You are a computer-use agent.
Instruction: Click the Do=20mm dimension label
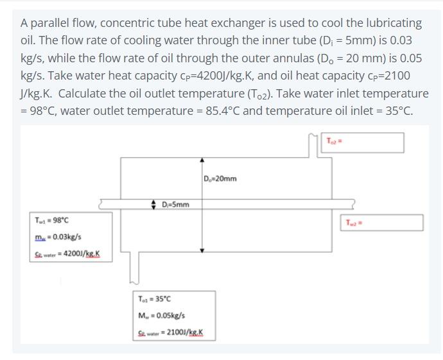point(220,178)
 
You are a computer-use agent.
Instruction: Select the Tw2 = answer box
point(384,222)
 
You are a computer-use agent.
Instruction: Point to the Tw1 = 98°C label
point(51,220)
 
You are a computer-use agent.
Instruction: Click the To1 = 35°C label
point(154,299)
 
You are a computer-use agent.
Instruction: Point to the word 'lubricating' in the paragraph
point(392,23)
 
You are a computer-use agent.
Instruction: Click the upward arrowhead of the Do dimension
point(202,160)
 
